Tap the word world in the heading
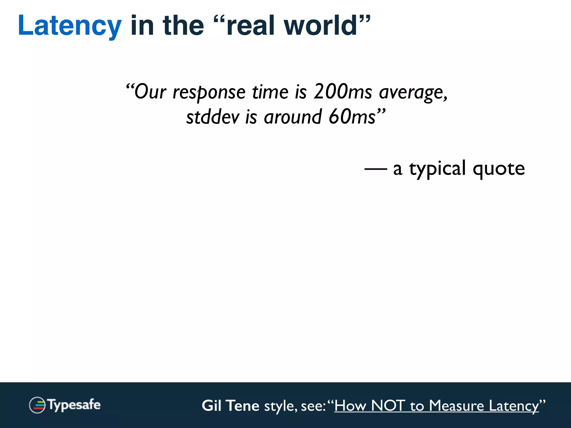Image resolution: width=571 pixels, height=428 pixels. pos(321,26)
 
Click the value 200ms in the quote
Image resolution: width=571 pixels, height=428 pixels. pos(343,92)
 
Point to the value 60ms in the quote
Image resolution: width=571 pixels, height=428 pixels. pos(352,117)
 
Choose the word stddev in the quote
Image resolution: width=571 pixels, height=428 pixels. pos(213,117)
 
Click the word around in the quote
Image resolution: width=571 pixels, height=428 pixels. pos(293,117)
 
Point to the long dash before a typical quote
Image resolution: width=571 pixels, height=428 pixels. pos(376,169)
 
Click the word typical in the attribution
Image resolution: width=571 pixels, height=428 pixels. pos(437,169)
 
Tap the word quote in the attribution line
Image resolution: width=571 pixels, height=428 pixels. pos(499,169)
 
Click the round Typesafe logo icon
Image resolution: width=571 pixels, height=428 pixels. pos(37,405)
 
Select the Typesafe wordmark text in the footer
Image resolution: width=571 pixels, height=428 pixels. pos(74,405)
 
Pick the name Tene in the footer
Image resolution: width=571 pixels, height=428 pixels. pos(243,406)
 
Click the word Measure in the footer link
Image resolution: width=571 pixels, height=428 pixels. pos(456,406)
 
